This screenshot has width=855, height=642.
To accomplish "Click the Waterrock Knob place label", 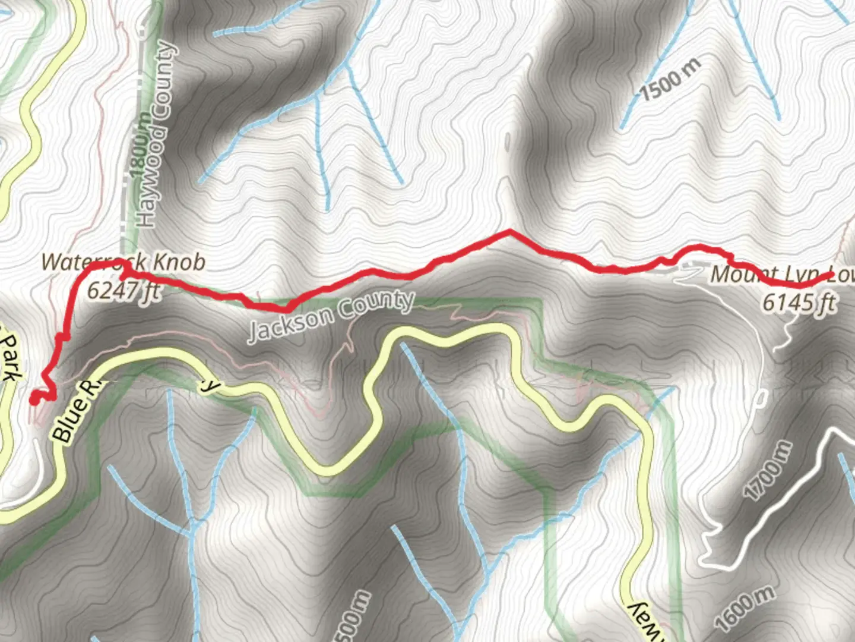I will click(x=123, y=262).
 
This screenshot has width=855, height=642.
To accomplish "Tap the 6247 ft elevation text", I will click(x=123, y=290).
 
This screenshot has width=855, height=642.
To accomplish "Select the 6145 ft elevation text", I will click(x=799, y=303).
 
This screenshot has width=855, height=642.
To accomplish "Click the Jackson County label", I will click(x=330, y=316).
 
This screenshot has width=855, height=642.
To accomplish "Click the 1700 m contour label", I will click(x=768, y=470).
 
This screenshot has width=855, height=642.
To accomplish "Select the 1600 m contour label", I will click(x=745, y=608).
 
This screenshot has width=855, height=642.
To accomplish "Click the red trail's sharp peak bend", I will click(x=509, y=231).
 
